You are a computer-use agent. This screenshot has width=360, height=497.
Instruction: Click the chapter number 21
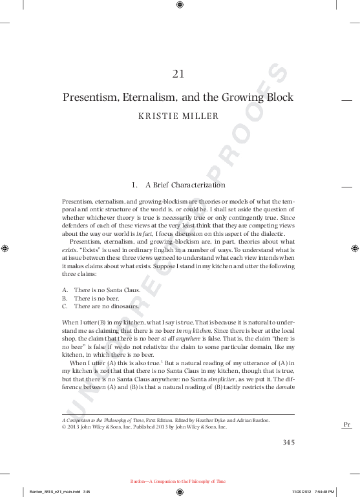pyautogui.click(x=179, y=74)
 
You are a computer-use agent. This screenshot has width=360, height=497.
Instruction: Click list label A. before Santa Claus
pyautogui.click(x=65, y=290)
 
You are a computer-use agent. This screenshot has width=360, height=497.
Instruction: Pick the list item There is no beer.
pyautogui.click(x=96, y=298)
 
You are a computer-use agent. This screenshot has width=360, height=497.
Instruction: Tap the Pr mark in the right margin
pyautogui.click(x=346, y=424)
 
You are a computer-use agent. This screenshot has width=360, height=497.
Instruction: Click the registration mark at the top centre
pyautogui.click(x=180, y=5)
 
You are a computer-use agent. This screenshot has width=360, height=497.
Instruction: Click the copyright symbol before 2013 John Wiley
pyautogui.click(x=63, y=427)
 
